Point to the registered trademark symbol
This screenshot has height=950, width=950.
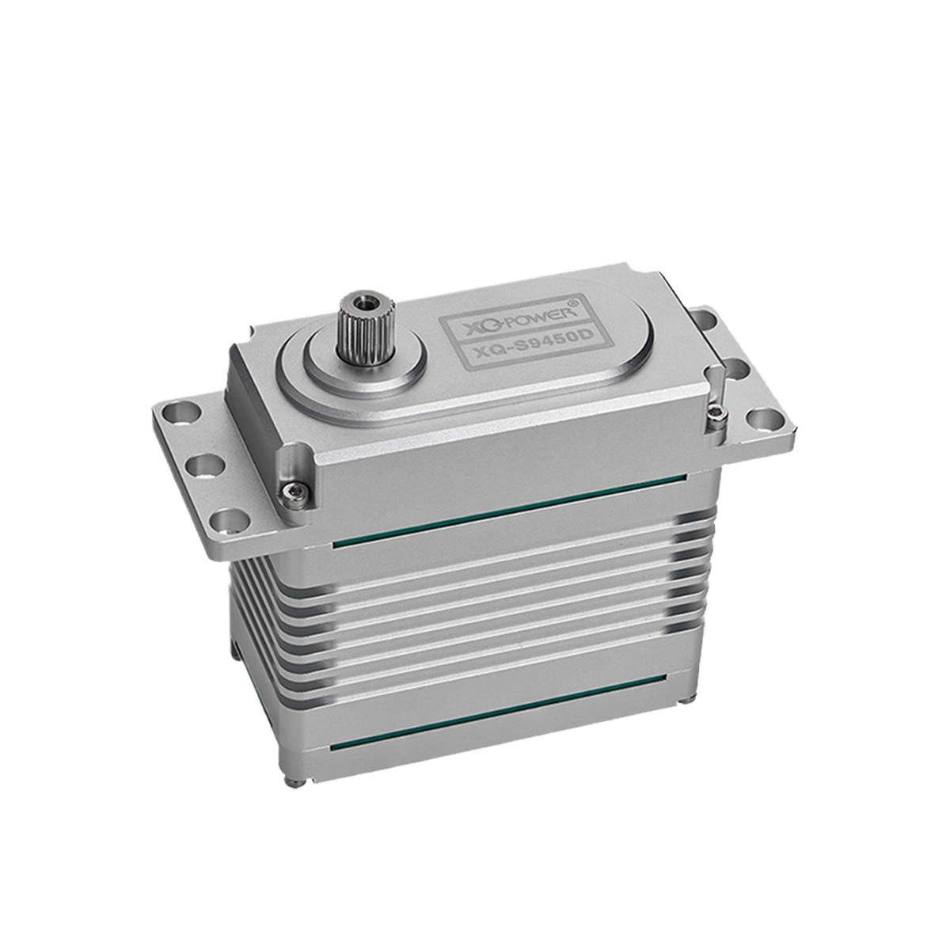point(573,301)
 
